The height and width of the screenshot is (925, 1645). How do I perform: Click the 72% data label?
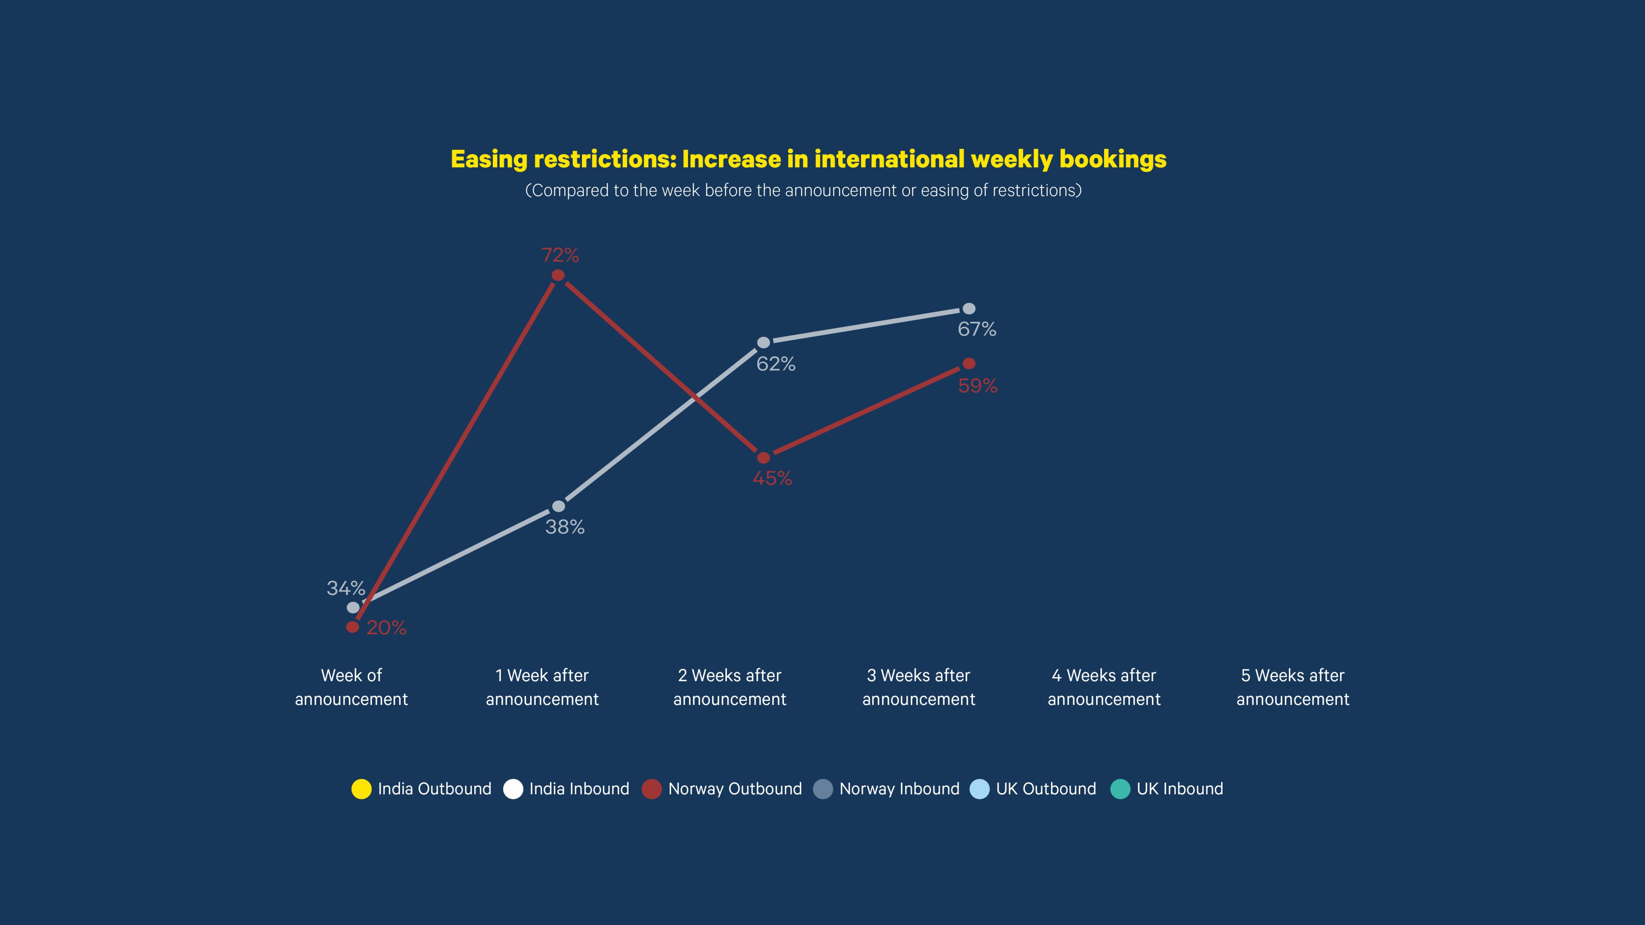pos(560,255)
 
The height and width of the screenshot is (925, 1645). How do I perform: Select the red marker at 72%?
pos(557,275)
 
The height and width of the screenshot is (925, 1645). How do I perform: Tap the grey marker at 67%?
pos(969,309)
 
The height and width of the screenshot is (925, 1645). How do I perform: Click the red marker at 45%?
pos(763,458)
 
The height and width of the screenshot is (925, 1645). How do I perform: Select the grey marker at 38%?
pos(558,506)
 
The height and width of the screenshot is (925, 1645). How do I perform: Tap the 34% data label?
pos(345,588)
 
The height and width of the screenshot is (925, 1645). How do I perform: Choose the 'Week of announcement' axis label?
pos(351,687)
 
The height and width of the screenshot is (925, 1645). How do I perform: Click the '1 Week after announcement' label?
pos(542,687)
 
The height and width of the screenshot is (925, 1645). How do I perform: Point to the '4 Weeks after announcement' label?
pos(1104,687)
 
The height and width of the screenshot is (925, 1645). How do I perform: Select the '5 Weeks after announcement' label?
pos(1292,687)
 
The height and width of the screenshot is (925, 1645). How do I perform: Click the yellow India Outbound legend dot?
pos(361,789)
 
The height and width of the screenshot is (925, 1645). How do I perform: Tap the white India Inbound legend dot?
pos(513,789)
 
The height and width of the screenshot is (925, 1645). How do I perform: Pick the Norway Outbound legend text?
pos(735,789)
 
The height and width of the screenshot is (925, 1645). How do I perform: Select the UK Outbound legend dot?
pos(980,789)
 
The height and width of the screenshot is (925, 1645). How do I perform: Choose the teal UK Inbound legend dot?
pos(1120,789)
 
